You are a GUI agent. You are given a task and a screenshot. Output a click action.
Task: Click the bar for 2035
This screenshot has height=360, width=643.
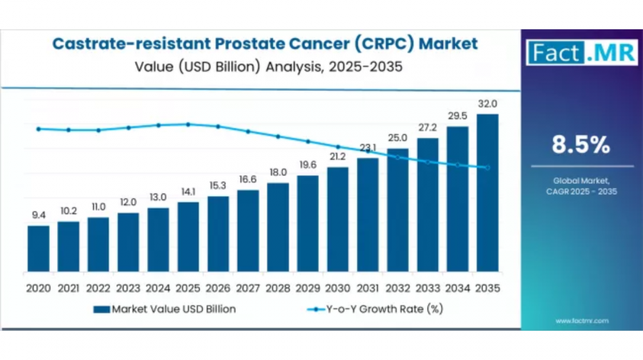click(x=487, y=193)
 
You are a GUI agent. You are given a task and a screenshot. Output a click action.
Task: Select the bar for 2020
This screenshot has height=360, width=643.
click(x=39, y=249)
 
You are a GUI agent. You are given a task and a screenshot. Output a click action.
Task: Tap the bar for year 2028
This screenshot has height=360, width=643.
click(x=278, y=227)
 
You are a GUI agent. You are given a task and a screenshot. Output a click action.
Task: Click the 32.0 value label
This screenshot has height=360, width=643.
click(x=487, y=104)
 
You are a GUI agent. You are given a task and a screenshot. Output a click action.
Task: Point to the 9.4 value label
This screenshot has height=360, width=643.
click(x=39, y=215)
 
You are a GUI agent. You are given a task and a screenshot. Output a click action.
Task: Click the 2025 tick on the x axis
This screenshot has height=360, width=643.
click(x=188, y=288)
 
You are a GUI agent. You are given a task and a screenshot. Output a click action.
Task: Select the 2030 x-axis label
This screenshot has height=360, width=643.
click(x=338, y=288)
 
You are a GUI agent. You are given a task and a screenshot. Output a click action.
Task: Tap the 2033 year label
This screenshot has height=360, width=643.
click(x=427, y=288)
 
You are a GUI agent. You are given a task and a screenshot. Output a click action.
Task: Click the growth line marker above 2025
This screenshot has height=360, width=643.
click(x=188, y=124)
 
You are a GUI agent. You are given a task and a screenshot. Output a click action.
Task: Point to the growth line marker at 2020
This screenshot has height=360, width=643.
click(x=39, y=129)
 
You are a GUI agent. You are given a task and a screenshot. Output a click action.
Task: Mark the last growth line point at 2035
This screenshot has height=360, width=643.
click(x=487, y=168)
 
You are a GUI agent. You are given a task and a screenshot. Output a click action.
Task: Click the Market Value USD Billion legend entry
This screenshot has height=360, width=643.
click(x=164, y=309)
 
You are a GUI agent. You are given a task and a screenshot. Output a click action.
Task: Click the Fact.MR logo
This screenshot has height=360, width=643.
click(x=581, y=53)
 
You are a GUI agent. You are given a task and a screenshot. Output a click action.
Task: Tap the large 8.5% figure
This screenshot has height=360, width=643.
click(x=581, y=145)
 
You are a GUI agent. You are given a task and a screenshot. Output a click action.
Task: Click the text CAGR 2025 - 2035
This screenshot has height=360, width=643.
click(x=581, y=191)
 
